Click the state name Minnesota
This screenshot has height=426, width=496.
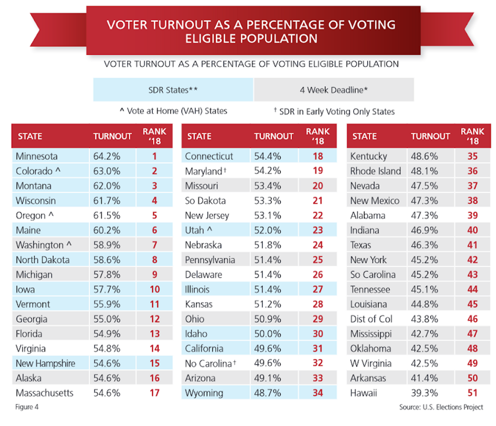pyautogui.click(x=37, y=156)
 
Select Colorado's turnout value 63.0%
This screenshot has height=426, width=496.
pyautogui.click(x=107, y=171)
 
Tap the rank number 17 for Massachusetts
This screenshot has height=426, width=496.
pyautogui.click(x=154, y=393)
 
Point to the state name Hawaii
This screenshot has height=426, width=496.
pyautogui.click(x=364, y=393)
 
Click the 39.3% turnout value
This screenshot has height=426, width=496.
pyautogui.click(x=424, y=393)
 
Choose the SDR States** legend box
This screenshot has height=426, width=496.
pyautogui.click(x=173, y=90)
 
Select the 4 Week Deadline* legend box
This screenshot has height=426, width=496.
pyautogui.click(x=333, y=90)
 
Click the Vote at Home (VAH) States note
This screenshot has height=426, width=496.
pyautogui.click(x=173, y=111)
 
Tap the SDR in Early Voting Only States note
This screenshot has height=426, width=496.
pyautogui.click(x=334, y=111)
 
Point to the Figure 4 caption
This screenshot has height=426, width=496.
pyautogui.click(x=27, y=408)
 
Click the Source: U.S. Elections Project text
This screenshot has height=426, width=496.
pyautogui.click(x=441, y=408)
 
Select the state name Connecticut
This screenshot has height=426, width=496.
pyautogui.click(x=209, y=156)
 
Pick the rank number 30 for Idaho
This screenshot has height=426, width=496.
pyautogui.click(x=318, y=334)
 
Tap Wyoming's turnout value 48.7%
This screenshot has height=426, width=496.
pyautogui.click(x=268, y=393)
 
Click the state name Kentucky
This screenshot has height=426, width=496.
pyautogui.click(x=369, y=156)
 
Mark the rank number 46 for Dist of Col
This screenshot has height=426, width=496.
pyautogui.click(x=472, y=319)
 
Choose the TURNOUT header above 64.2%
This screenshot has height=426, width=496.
pyautogui.click(x=113, y=136)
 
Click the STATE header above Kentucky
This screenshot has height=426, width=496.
pyautogui.click(x=365, y=136)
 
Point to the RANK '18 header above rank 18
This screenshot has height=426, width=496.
pyautogui.click(x=318, y=136)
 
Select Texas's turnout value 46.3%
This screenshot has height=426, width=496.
pyautogui.click(x=424, y=245)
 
